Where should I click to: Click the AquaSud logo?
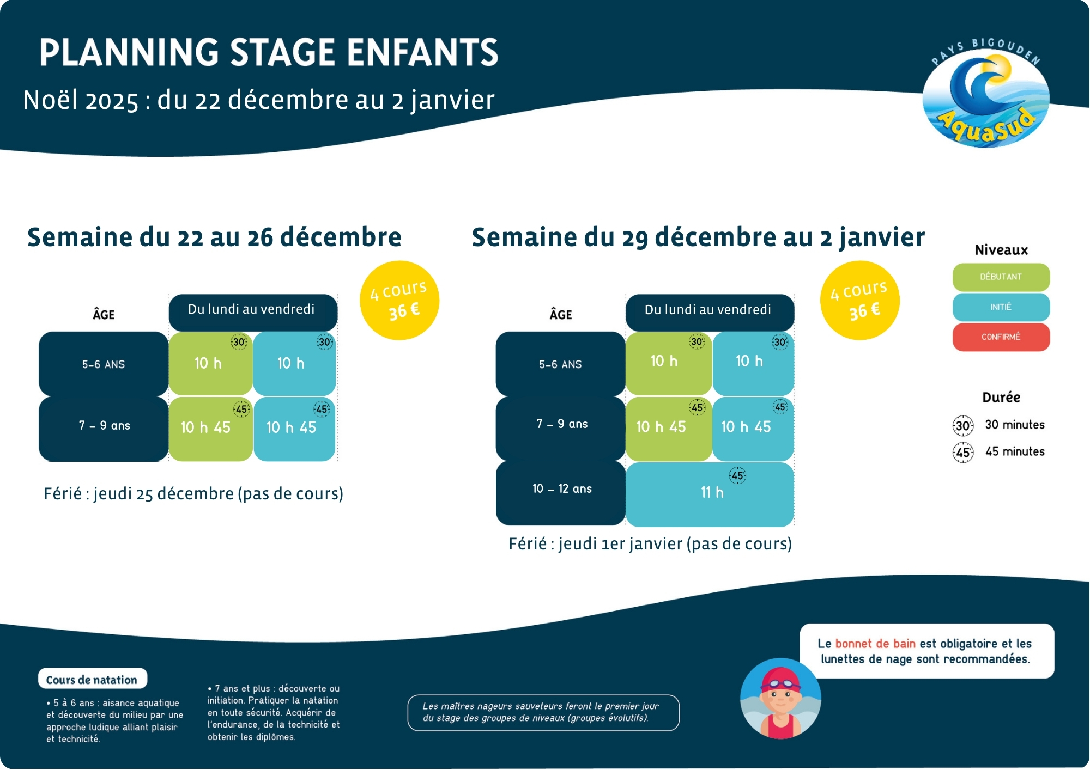click(x=985, y=95)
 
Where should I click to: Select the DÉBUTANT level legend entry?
click(x=1001, y=277)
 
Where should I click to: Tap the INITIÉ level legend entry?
click(x=1001, y=307)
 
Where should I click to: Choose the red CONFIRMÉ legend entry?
click(x=1001, y=337)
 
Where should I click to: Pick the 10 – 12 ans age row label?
click(x=561, y=489)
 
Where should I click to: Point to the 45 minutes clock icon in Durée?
click(x=962, y=452)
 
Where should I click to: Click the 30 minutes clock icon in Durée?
click(x=962, y=425)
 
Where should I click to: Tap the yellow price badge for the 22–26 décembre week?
click(x=399, y=301)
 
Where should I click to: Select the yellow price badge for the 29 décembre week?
click(x=859, y=301)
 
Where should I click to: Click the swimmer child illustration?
click(x=780, y=699)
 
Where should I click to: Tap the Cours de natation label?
click(x=92, y=680)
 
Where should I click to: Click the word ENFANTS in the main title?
click(x=422, y=53)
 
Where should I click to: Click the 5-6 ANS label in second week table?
click(x=560, y=364)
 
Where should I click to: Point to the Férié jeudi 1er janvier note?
click(x=650, y=544)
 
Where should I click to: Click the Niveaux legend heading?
click(x=1001, y=250)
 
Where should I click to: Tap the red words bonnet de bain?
click(x=875, y=644)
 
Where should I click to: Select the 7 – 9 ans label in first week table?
click(x=104, y=426)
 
